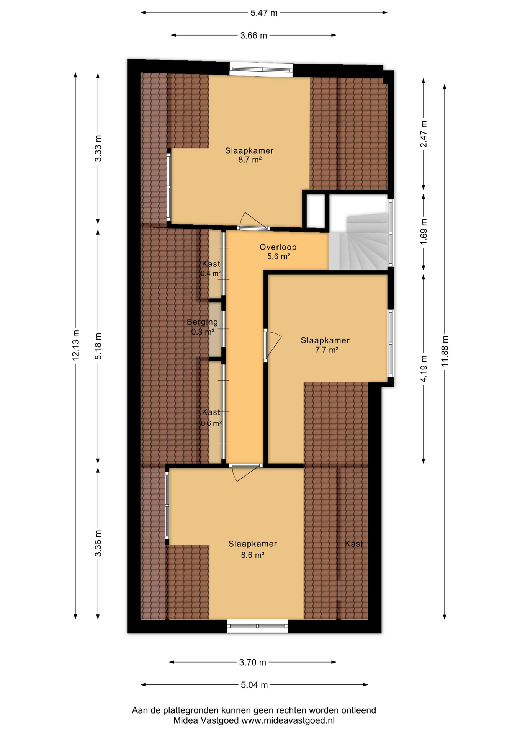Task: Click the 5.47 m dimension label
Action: pos(264,13)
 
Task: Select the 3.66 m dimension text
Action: pos(253,36)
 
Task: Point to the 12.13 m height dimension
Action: pos(76,345)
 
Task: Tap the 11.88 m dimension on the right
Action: pos(445,351)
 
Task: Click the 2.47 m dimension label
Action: pos(424,134)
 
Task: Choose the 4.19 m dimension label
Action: pos(424,368)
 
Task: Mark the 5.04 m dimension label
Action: pos(254,685)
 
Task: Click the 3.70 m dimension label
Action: pos(252,662)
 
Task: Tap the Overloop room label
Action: pos(278,247)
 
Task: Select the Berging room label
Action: pos(202,322)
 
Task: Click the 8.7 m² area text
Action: pos(250,160)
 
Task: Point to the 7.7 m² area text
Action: pos(327,350)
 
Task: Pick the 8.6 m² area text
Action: pos(252,555)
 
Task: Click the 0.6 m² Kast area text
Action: pos(211,423)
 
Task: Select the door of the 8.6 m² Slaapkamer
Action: pos(246,472)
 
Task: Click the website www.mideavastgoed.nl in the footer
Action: pos(288,720)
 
